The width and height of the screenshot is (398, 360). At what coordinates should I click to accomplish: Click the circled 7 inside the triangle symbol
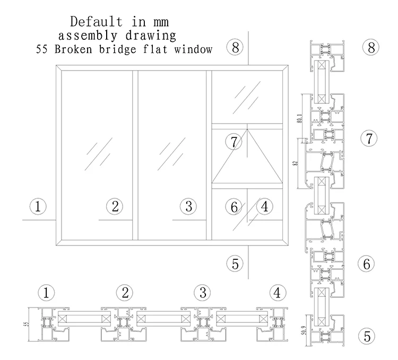[x=233, y=142]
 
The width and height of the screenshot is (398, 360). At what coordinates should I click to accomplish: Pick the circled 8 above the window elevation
[x=235, y=47]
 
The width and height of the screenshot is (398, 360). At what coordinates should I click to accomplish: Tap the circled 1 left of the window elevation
[x=38, y=206]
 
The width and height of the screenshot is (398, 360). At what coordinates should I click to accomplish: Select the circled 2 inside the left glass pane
[x=115, y=206]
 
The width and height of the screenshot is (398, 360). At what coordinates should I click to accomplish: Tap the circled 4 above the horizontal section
[x=276, y=292]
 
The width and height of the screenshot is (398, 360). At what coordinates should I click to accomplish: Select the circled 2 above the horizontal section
[x=125, y=292]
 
